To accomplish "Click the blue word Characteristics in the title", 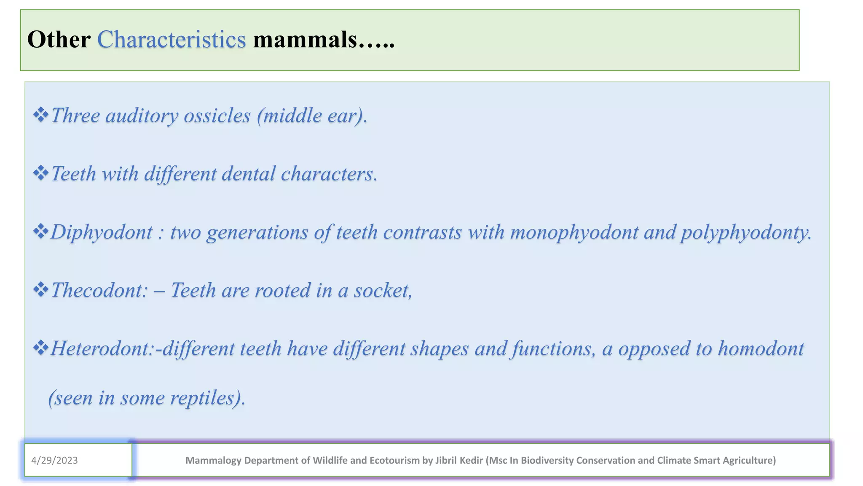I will click(172, 40).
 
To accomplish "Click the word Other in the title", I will click(59, 40).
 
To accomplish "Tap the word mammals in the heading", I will click(305, 40).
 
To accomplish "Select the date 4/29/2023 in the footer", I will click(54, 460).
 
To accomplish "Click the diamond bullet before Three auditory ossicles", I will click(40, 115).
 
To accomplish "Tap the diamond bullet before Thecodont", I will click(40, 290).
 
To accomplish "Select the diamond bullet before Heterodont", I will click(40, 348).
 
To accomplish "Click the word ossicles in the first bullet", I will click(217, 116).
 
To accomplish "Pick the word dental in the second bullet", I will click(249, 174).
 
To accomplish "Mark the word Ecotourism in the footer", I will click(396, 460).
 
